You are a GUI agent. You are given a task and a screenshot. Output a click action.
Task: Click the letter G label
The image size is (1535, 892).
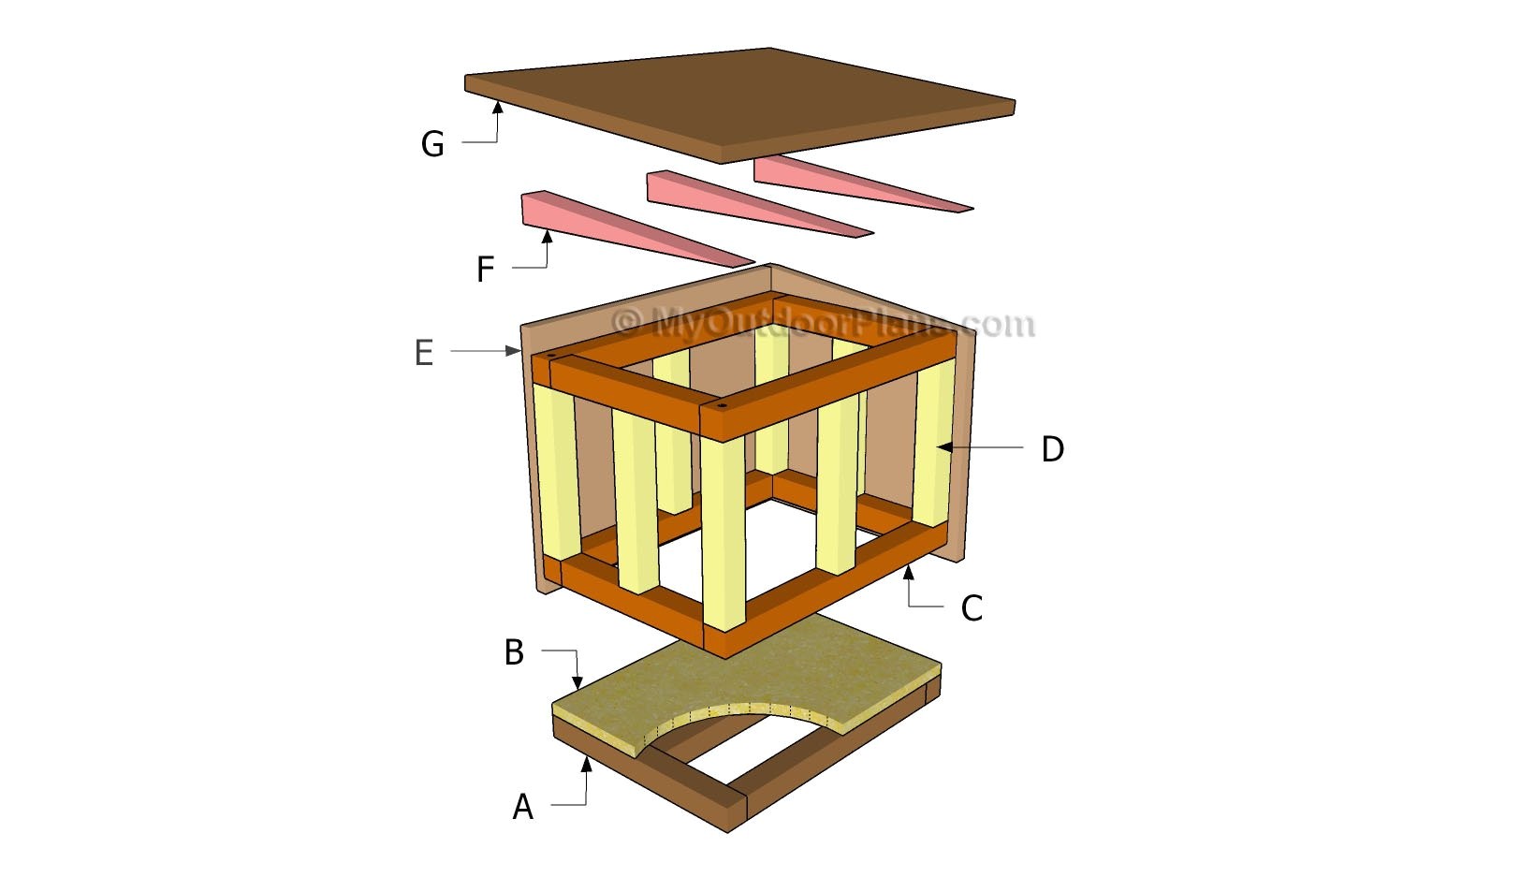pos(432,144)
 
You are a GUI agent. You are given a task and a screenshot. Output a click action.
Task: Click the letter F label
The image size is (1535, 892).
pos(485,270)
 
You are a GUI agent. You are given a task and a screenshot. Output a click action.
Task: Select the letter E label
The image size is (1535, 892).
pos(424,353)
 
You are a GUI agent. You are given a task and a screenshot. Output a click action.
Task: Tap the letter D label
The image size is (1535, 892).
pos(1052,449)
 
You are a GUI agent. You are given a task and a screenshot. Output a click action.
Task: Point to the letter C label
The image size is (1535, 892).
pos(972,608)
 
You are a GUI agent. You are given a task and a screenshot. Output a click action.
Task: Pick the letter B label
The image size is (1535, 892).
pos(514,652)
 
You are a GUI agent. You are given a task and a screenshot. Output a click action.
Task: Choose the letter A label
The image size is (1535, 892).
pos(522,806)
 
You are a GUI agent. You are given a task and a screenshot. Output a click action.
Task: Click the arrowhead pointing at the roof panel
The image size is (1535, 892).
pos(498,109)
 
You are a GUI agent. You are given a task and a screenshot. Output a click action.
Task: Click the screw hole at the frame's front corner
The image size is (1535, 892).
pos(722,407)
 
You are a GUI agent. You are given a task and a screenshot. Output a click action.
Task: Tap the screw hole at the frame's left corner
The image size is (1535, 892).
pos(551,357)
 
